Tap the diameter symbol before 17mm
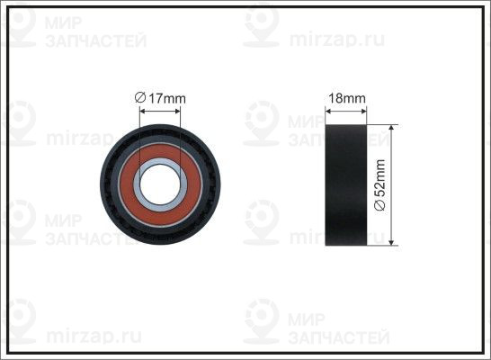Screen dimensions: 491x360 point(140,98)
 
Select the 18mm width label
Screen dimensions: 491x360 point(346,98)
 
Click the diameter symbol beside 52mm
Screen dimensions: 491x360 point(379,205)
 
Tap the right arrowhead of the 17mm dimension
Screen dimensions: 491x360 point(177,111)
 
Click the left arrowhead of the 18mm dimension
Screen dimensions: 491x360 point(329,111)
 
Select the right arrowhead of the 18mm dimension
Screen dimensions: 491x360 point(363,111)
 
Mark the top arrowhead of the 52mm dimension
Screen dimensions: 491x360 point(391,129)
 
